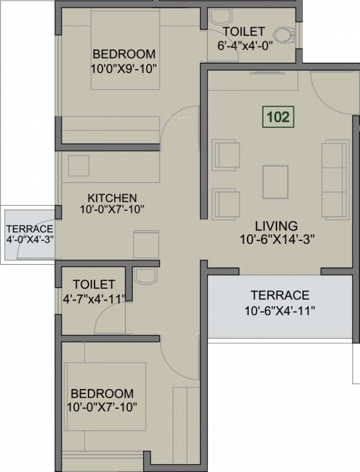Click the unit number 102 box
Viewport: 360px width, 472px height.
(278, 117)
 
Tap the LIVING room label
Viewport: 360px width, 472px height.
(276, 226)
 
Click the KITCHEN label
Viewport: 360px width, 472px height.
(112, 198)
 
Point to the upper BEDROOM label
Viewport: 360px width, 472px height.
(123, 53)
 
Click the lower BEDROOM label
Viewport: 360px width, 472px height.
(102, 393)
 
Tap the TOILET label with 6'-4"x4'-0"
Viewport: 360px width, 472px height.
(243, 31)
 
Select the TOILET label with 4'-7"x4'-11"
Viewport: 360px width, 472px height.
(93, 285)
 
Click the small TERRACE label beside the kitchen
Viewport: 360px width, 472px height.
(29, 229)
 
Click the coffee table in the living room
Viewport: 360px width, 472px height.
(274, 182)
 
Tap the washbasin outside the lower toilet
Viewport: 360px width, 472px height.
(146, 275)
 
